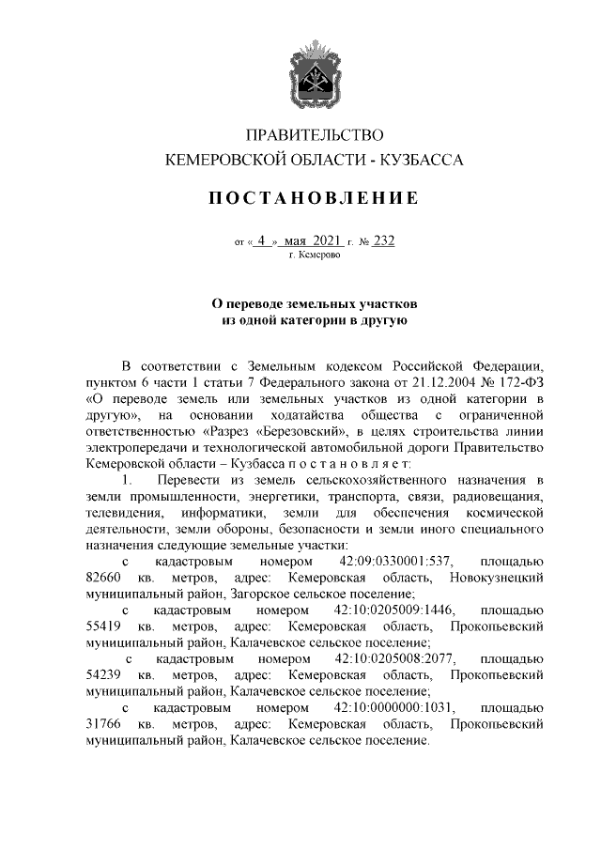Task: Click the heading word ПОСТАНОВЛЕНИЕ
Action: pos(314,199)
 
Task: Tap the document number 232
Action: pos(383,240)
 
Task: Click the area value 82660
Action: pos(103,577)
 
